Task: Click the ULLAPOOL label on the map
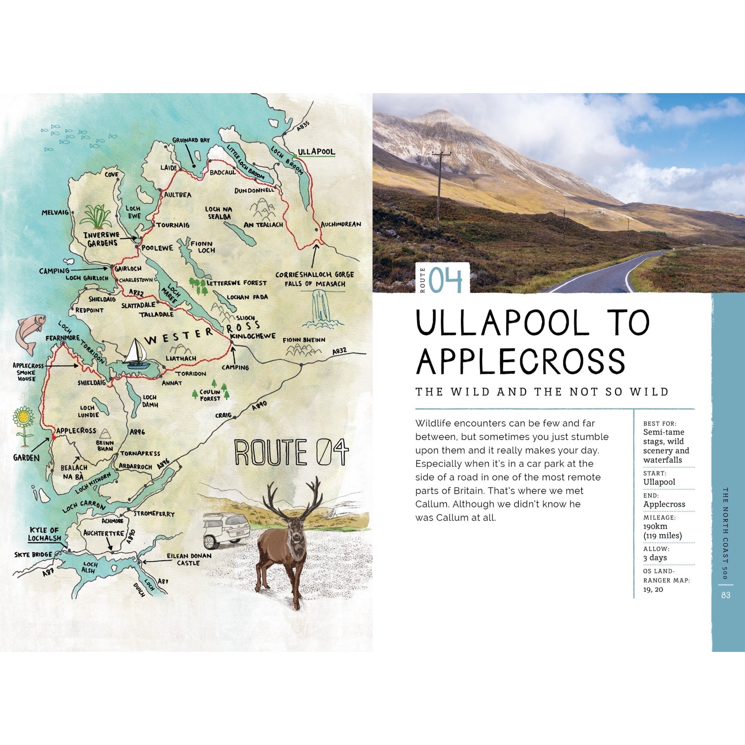click(316, 152)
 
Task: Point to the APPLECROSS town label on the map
click(76, 431)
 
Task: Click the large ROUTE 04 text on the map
click(291, 451)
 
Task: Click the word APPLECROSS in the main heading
click(520, 361)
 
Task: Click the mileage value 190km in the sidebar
click(655, 526)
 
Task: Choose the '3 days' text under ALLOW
click(655, 557)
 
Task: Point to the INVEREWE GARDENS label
click(101, 238)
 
